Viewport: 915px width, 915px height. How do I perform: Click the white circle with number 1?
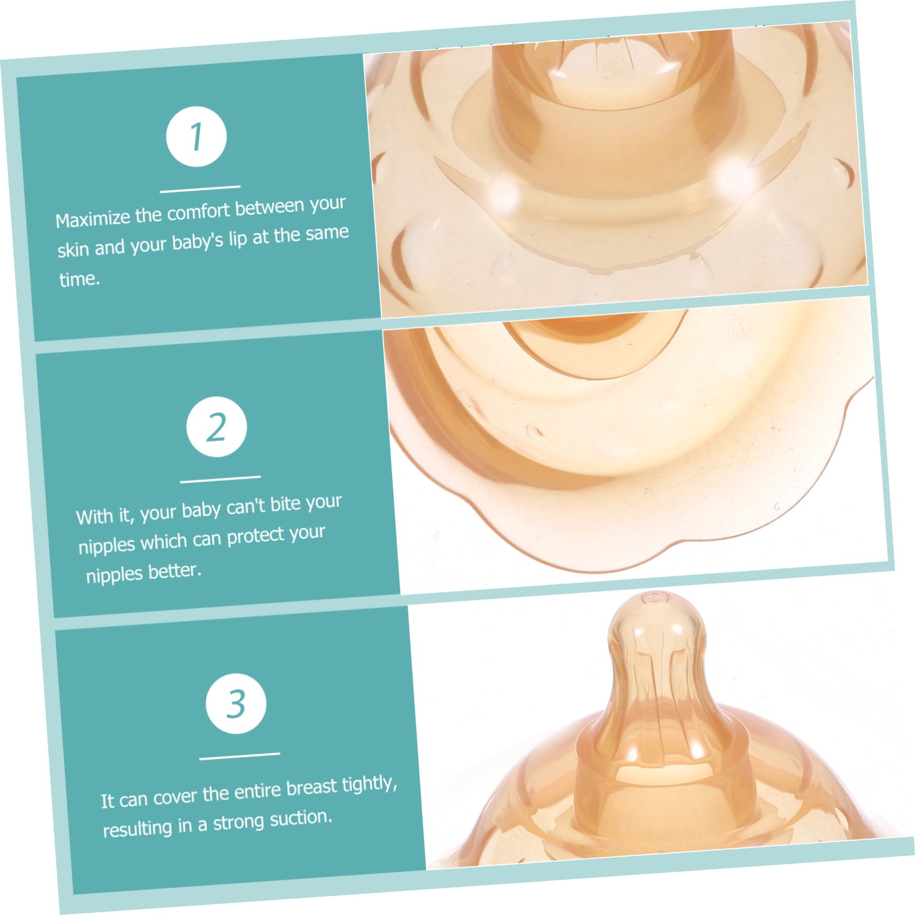point(196,136)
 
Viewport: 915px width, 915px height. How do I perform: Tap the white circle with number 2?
point(216,427)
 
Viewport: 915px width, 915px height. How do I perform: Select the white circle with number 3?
point(236,703)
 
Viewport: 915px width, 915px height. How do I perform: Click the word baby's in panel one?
point(197,243)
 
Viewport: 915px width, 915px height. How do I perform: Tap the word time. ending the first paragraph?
point(80,279)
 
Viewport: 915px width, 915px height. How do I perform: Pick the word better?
point(175,571)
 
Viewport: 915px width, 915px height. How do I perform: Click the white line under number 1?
point(200,189)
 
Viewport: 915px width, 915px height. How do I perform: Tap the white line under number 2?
point(220,479)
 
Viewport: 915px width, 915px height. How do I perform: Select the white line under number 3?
point(239,755)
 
